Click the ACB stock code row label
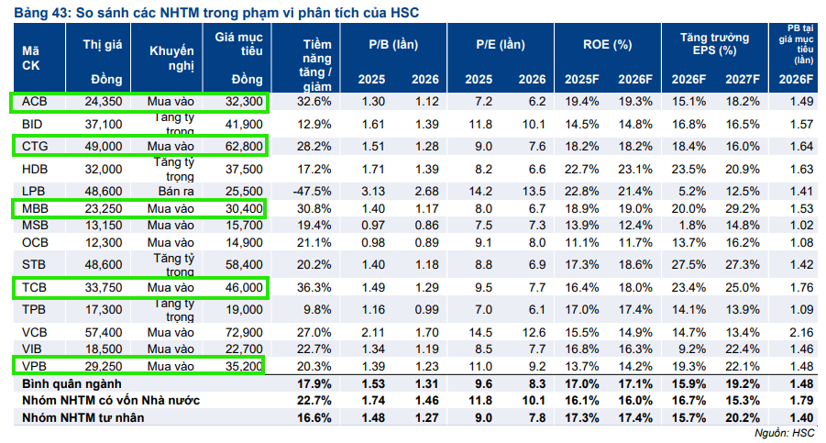tap(34, 101)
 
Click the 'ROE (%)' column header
tap(608, 45)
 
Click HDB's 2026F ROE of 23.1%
tap(635, 169)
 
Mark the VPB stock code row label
tap(34, 366)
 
